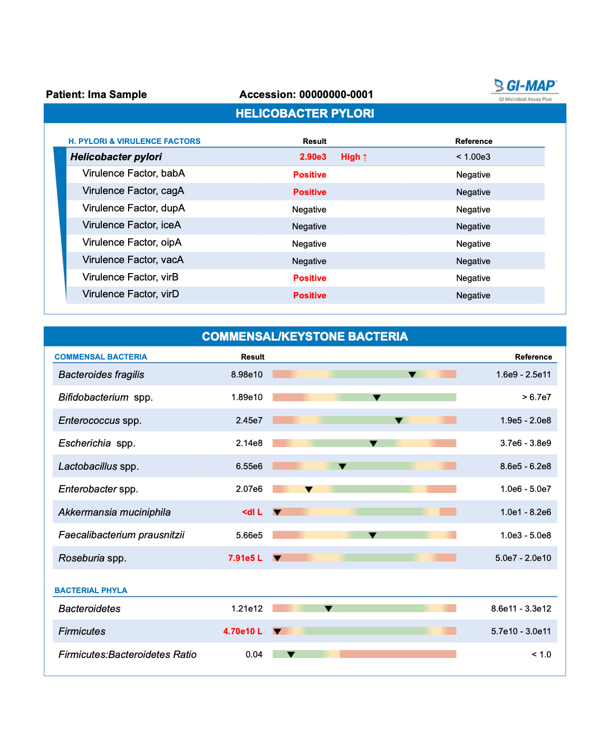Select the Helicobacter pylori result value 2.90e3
click(313, 157)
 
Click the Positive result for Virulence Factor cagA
click(310, 192)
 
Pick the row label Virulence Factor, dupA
click(133, 208)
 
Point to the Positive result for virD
click(310, 296)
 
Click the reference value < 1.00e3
click(473, 157)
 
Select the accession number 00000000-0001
click(336, 95)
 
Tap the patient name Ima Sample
click(117, 95)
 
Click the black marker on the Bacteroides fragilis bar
click(412, 375)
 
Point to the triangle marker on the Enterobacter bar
click(309, 490)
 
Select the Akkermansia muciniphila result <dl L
click(252, 512)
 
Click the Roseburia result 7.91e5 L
click(245, 558)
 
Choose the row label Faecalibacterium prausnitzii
click(121, 535)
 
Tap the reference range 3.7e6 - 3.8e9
click(525, 443)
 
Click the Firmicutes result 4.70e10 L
click(243, 632)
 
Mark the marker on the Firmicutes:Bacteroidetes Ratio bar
click(291, 655)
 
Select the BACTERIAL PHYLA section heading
click(91, 590)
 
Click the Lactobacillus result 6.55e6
click(249, 467)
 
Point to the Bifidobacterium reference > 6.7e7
click(536, 398)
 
